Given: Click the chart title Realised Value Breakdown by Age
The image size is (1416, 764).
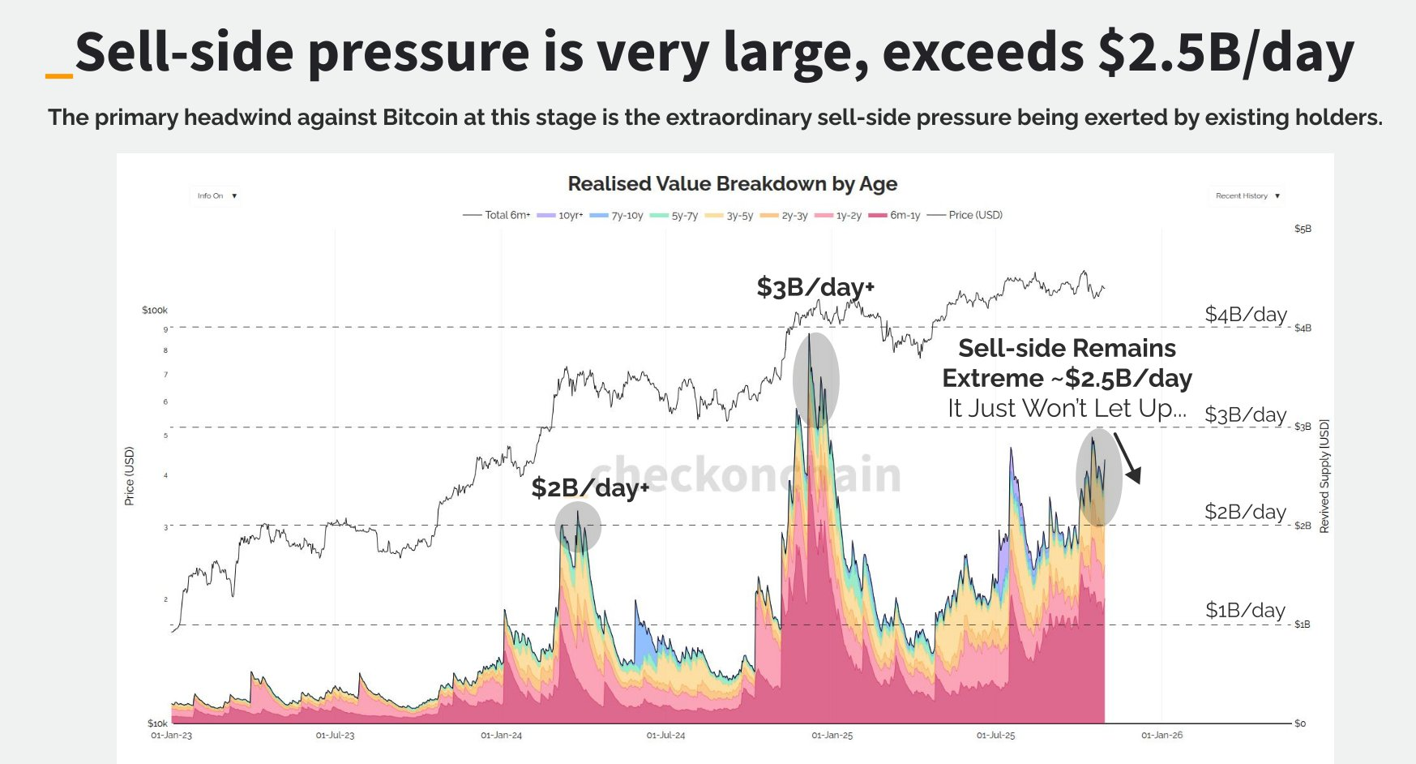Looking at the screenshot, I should [x=732, y=184].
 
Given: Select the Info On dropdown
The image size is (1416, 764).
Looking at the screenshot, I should [x=216, y=195].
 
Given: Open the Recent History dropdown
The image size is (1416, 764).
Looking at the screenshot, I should [x=1247, y=195].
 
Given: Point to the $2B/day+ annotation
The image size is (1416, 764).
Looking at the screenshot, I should [x=589, y=487].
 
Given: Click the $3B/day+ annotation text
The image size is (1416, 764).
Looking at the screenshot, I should [x=815, y=287].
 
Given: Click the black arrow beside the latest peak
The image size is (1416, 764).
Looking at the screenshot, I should [x=1127, y=458].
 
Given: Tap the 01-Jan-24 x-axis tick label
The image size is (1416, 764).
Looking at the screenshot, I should [x=501, y=735].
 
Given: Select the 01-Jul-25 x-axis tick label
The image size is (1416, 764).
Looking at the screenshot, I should [x=995, y=735].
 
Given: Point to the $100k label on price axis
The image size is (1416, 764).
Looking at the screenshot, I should [x=154, y=310].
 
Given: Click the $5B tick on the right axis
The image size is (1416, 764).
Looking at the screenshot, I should [x=1303, y=229].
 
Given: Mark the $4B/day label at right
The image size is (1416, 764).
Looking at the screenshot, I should [x=1245, y=314].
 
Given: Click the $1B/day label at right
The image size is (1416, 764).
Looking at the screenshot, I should [x=1245, y=610].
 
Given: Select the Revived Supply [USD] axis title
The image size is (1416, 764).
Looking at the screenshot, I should [x=1324, y=476].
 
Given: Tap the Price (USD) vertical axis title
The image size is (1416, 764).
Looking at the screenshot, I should [x=129, y=476].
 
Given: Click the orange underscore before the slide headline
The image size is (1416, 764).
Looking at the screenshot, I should [x=59, y=76].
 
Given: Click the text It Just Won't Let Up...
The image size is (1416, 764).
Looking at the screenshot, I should [x=1066, y=408].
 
